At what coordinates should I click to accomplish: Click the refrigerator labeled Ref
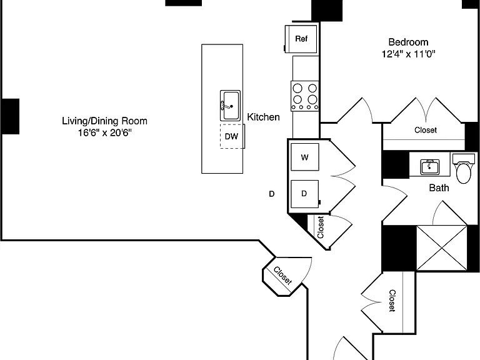pyautogui.click(x=301, y=39)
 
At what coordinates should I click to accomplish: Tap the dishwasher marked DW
pyautogui.click(x=232, y=136)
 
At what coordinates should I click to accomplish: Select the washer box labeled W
pyautogui.click(x=304, y=157)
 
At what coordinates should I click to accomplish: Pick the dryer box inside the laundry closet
pyautogui.click(x=304, y=194)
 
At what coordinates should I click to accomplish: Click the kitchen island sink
pyautogui.click(x=230, y=106)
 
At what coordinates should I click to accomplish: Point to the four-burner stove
pyautogui.click(x=304, y=96)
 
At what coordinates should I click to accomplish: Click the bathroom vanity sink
pyautogui.click(x=430, y=167)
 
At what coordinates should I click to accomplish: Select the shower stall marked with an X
pyautogui.click(x=442, y=248)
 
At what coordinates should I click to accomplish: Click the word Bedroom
pyautogui.click(x=408, y=42)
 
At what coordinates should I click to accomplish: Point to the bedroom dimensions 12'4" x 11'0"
pyautogui.click(x=408, y=54)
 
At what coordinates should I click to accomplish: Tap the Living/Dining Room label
pyautogui.click(x=105, y=121)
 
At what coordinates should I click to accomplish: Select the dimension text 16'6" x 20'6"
pyautogui.click(x=105, y=133)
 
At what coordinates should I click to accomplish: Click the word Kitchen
pyautogui.click(x=263, y=117)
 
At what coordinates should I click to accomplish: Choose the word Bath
pyautogui.click(x=439, y=187)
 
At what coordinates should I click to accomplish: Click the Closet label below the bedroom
pyautogui.click(x=426, y=130)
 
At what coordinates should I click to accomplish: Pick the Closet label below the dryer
pyautogui.click(x=321, y=227)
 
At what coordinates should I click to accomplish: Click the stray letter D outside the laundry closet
pyautogui.click(x=271, y=194)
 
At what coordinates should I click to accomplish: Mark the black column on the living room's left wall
pyautogui.click(x=11, y=116)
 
